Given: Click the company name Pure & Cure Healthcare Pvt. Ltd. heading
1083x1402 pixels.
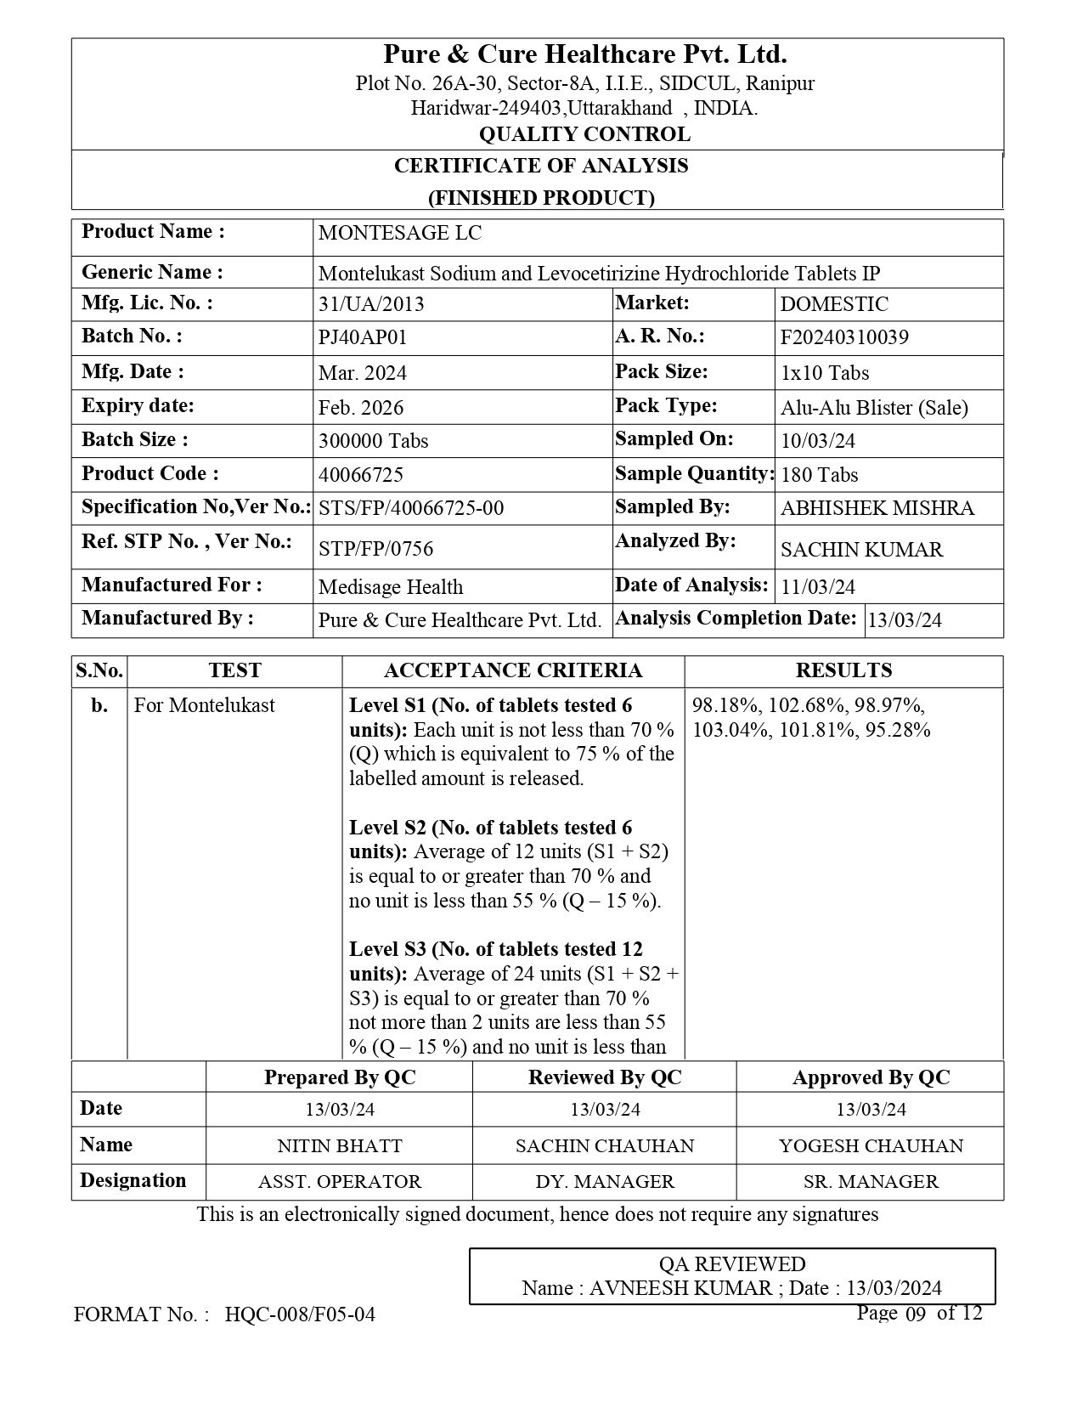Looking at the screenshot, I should coord(584,55).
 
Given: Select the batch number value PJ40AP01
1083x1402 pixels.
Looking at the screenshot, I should coord(363,337).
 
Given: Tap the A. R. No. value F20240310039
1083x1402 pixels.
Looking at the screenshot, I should coord(844,337).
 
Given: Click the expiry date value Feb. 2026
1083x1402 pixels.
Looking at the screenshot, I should coord(361,408).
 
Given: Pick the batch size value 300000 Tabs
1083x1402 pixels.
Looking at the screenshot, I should coord(373,441).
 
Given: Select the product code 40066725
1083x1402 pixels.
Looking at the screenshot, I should coord(360,474).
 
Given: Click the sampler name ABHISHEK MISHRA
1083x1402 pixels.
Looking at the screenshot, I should coord(877,508).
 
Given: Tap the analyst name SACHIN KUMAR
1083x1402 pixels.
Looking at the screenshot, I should coord(861,550).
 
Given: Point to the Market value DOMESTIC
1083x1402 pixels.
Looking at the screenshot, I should coord(834,304).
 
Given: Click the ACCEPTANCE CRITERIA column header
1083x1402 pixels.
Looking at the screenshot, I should coord(513,670).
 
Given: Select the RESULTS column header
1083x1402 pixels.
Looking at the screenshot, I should coord(843,670).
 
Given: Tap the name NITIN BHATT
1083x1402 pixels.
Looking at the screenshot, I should coord(340,1145).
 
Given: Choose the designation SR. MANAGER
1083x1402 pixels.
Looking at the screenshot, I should coord(871,1182).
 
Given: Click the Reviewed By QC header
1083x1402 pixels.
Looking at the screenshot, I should coord(605,1077).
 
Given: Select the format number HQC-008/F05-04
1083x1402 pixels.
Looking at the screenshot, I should coord(300,1315).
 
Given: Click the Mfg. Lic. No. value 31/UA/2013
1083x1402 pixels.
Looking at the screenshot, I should coord(371,304).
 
